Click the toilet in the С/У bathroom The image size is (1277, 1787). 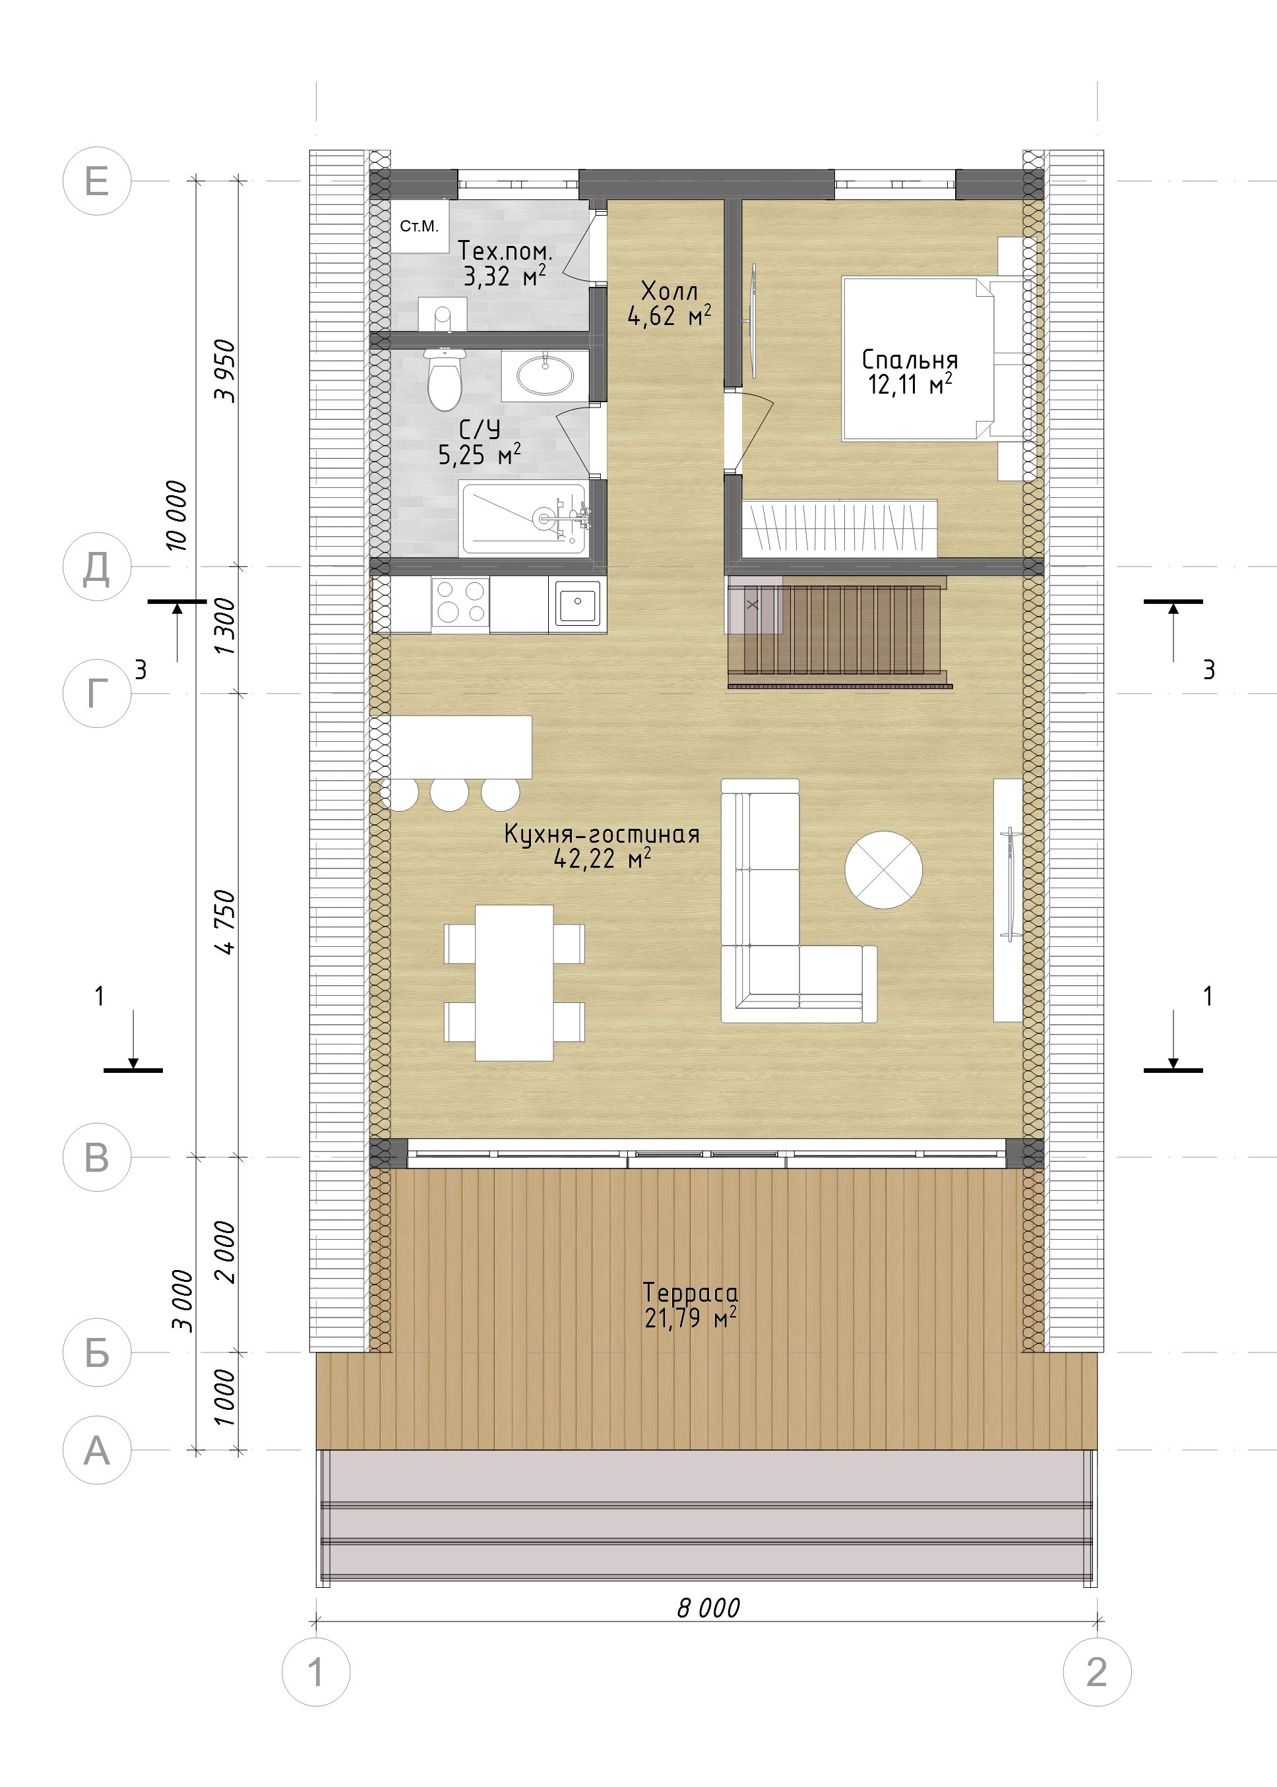click(x=445, y=379)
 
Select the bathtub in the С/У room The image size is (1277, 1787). click(x=524, y=518)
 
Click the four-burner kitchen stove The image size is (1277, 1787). click(x=460, y=601)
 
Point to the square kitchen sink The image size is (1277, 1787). click(x=577, y=602)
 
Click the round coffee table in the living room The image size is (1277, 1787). click(x=883, y=870)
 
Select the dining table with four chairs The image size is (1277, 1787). click(x=514, y=982)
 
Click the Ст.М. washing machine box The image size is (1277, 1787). click(x=420, y=226)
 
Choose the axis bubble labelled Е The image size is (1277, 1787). click(x=97, y=181)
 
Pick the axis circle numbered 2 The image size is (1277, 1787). click(x=1097, y=1672)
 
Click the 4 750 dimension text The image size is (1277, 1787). click(x=226, y=921)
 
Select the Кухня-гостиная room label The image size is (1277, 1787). click(x=602, y=846)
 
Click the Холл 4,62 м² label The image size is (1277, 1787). click(x=669, y=303)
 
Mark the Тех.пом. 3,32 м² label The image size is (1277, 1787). click(x=505, y=263)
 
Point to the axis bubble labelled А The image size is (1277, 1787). click(x=97, y=1450)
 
